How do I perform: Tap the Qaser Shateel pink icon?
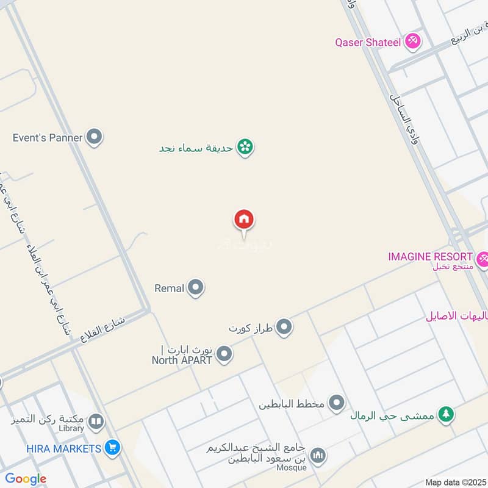[x=414, y=41]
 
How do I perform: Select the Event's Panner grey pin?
[x=94, y=137]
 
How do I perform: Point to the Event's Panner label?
[x=48, y=138]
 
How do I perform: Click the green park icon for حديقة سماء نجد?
[x=245, y=147]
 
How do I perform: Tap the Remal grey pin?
[x=195, y=287]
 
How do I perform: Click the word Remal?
[x=169, y=288]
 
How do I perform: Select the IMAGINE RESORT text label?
[x=431, y=257]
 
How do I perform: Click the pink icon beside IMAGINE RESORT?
[x=483, y=259]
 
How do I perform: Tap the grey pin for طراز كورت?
[x=284, y=328]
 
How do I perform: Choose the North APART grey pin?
[x=224, y=354]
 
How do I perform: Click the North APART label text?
[x=182, y=360]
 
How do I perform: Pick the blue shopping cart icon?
[x=112, y=448]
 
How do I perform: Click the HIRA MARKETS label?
[x=63, y=449]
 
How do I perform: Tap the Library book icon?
[x=96, y=421]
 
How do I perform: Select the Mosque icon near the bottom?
[x=317, y=455]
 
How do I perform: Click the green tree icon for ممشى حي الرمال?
[x=447, y=414]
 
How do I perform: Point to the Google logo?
[x=26, y=479]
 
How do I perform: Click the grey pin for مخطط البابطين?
[x=336, y=403]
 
